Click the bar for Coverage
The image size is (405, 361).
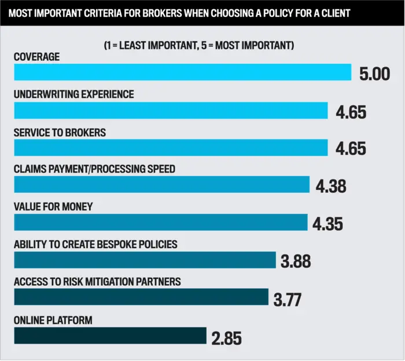182,72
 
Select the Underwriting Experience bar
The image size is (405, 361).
171,110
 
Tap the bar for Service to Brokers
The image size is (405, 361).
171,148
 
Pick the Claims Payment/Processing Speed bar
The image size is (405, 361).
161,185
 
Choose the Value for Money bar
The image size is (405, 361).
160,222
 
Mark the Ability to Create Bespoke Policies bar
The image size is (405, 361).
145,260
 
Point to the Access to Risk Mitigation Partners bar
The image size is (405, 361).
141,297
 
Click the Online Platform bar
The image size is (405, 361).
110,335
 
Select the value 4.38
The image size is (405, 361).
331,186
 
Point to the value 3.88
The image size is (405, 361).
296,261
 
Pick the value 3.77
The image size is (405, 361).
288,299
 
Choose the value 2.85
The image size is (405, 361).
226,337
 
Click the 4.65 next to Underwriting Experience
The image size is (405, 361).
351,112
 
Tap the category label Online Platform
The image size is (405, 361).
53,320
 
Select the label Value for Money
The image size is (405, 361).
53,207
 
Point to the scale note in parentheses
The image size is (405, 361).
198,45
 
